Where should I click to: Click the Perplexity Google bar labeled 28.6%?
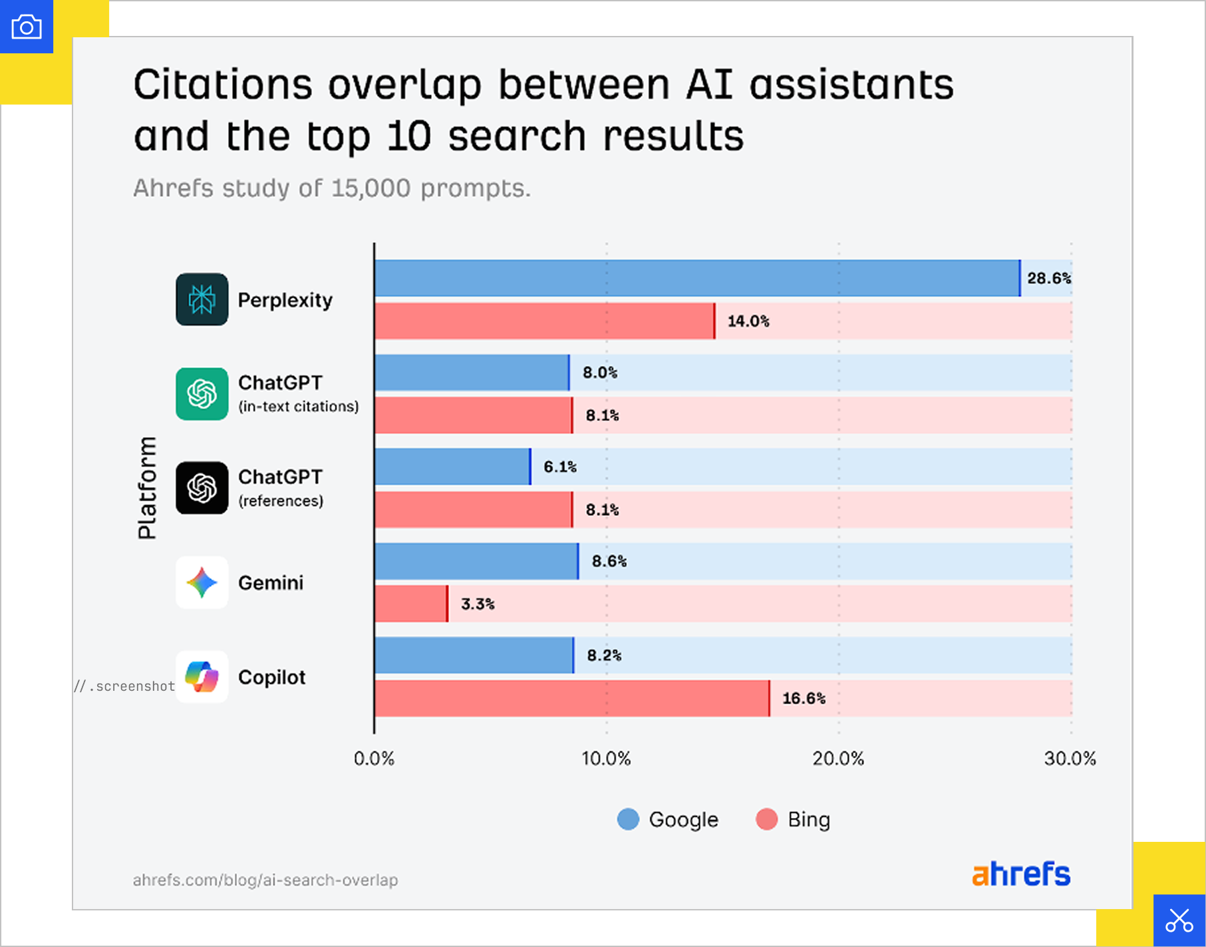tap(696, 278)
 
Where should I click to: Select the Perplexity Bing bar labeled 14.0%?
tap(544, 321)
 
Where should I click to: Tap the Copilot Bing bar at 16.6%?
tap(571, 698)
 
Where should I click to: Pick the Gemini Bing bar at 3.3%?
tap(410, 604)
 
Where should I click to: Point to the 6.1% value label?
tap(560, 467)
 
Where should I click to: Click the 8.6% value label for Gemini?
tap(609, 561)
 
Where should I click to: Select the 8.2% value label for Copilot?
tap(604, 656)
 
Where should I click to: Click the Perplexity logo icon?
tap(202, 299)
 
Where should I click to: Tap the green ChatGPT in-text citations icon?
tap(202, 394)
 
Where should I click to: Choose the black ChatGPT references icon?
tap(202, 488)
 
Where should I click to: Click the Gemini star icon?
tap(202, 582)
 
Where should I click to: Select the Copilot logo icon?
tap(202, 677)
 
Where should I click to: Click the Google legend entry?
tap(668, 819)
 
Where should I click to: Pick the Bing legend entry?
tap(794, 819)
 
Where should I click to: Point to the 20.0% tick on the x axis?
tap(838, 759)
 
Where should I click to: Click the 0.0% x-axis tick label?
tap(374, 759)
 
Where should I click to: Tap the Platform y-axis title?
tap(147, 488)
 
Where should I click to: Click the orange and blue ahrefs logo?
tap(1021, 874)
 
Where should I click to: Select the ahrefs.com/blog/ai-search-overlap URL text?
tap(265, 880)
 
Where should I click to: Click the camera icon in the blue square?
tap(27, 27)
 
